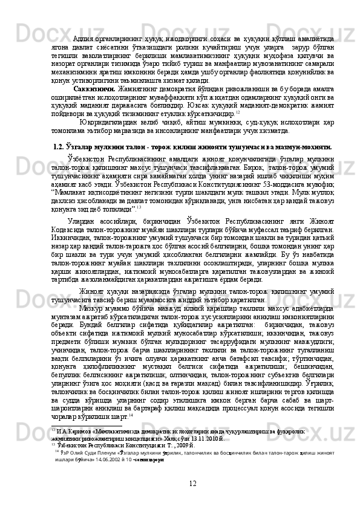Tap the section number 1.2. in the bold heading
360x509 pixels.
pyautogui.click(x=62, y=146)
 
